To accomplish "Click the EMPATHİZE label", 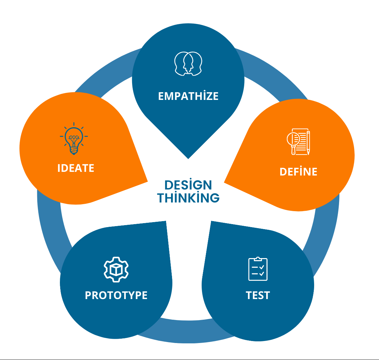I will (x=188, y=96).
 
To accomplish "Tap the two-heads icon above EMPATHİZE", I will (x=188, y=63).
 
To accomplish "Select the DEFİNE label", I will (x=298, y=172).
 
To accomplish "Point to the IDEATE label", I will (x=76, y=168).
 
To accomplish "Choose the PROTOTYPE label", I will (x=116, y=295).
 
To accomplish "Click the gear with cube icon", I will (x=116, y=269).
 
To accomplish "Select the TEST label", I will (x=258, y=295).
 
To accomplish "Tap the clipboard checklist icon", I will (x=258, y=269).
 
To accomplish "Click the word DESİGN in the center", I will (x=188, y=185).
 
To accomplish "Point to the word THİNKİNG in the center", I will (x=188, y=198).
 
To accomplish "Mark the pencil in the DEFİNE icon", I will (x=308, y=143).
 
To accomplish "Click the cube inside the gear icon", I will (x=116, y=269).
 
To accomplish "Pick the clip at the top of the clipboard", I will (x=258, y=258).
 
